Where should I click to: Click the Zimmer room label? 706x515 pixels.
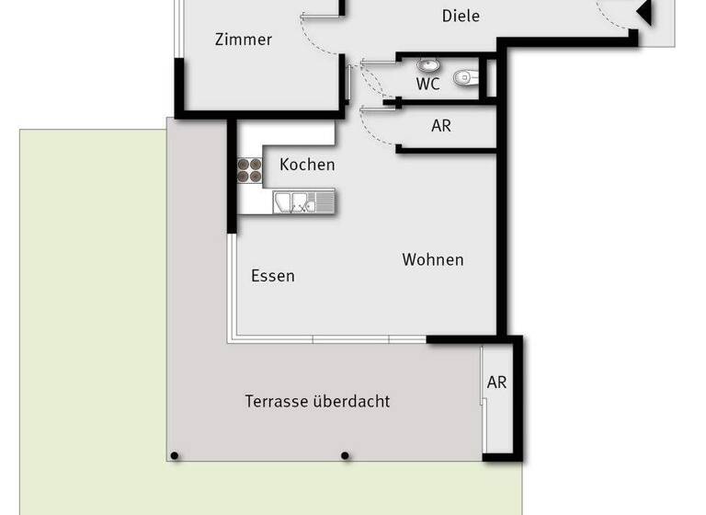tap(244, 40)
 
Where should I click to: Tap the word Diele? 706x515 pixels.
tap(461, 16)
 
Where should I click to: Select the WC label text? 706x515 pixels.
tap(428, 84)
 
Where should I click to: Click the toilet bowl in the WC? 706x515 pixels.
tap(467, 78)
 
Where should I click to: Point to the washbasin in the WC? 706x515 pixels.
tap(427, 65)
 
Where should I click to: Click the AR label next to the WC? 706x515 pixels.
tap(441, 126)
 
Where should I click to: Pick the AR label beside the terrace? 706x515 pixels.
tap(496, 383)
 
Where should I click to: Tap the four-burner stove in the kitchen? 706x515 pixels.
tap(250, 169)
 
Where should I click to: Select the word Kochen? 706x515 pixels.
tap(307, 165)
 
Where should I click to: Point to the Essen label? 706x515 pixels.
tap(273, 276)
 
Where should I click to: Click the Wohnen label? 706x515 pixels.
tap(433, 259)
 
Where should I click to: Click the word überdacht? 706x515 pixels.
tap(352, 401)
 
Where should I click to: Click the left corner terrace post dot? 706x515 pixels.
tap(175, 455)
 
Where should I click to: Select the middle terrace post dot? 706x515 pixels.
tap(346, 455)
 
